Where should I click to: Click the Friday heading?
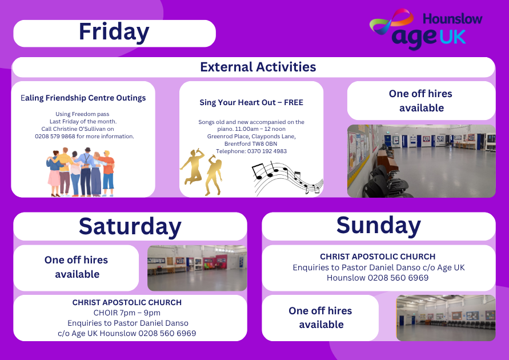(114, 32)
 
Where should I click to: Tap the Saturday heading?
(130, 226)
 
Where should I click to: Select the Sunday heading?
(379, 226)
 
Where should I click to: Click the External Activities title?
(258, 67)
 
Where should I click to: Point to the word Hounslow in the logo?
(452, 19)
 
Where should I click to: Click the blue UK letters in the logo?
(453, 37)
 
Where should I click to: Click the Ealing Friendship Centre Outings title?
(83, 98)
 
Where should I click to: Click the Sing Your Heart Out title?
(251, 102)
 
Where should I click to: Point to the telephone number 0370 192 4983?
(267, 151)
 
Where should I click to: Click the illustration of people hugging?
(81, 172)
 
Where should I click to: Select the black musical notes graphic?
(287, 178)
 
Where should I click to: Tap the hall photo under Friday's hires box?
(422, 161)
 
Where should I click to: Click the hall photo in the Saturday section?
(197, 268)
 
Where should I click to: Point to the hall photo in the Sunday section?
(446, 318)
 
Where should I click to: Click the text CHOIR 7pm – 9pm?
(127, 313)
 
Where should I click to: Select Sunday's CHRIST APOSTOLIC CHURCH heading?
(378, 257)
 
